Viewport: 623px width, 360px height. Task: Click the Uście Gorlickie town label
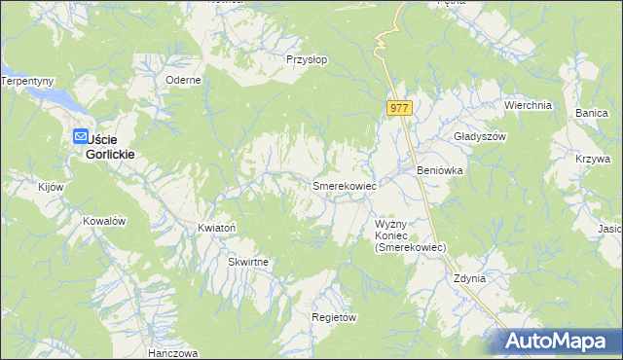pos(112,147)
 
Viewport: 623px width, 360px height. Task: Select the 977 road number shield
pos(400,109)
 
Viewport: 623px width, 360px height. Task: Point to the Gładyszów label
pos(481,137)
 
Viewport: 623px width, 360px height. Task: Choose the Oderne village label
pos(183,81)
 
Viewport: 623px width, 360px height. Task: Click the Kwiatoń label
pos(217,228)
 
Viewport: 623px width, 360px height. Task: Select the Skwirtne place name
pos(248,262)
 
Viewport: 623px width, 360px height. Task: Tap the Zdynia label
pos(469,278)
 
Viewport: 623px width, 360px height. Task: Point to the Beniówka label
pos(439,170)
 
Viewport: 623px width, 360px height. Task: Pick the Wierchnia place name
pos(528,105)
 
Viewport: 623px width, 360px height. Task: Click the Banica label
pos(591,114)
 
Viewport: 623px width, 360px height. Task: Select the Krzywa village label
pos(593,159)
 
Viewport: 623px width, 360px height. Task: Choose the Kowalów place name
pos(104,221)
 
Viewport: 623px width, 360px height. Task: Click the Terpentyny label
pos(27,81)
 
